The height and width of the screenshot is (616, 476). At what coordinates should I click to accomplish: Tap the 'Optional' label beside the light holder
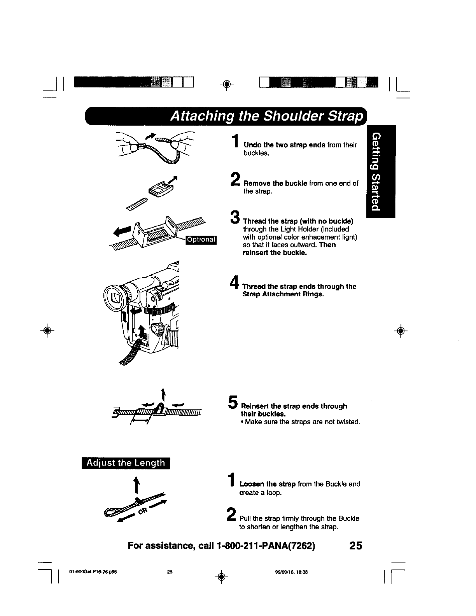click(x=201, y=239)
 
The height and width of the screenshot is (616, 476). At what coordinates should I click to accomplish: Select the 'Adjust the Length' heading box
click(x=126, y=463)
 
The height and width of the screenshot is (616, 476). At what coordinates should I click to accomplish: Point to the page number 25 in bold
click(x=355, y=546)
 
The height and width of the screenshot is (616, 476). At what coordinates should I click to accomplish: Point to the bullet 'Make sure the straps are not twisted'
click(x=301, y=422)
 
